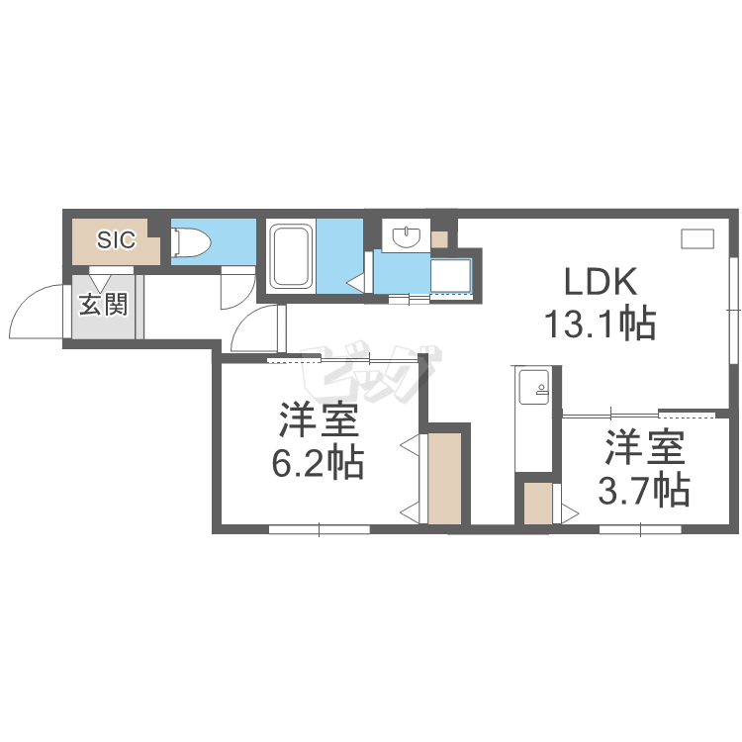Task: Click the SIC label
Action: click(x=117, y=240)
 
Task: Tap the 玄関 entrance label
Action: click(x=103, y=304)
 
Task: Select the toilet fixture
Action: click(x=192, y=242)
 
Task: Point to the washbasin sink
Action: click(x=406, y=236)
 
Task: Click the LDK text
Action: click(x=601, y=282)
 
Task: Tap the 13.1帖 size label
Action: click(x=601, y=324)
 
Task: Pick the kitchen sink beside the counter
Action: click(x=534, y=387)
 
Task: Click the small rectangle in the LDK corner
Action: click(x=697, y=238)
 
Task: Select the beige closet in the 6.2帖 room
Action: click(x=444, y=479)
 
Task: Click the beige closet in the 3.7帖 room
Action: click(x=538, y=504)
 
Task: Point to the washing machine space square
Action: click(x=450, y=275)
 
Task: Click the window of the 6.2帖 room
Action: click(x=319, y=529)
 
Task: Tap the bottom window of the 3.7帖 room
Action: click(x=641, y=529)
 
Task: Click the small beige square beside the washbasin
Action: click(x=439, y=240)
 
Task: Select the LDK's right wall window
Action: click(x=734, y=310)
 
